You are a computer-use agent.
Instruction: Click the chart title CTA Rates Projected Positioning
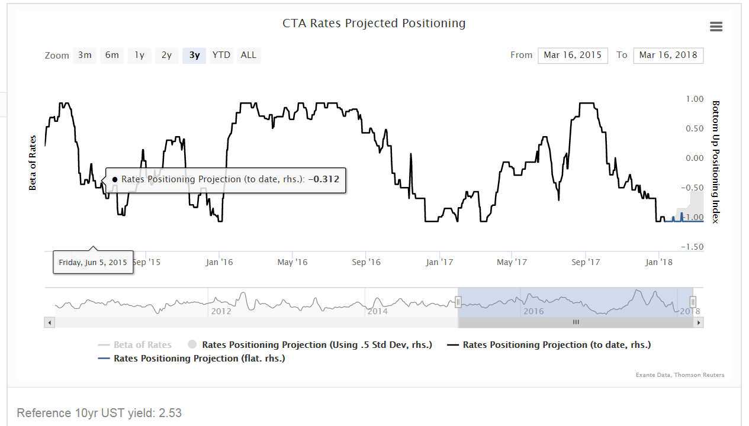pos(374,24)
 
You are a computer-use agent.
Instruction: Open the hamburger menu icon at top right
pos(716,27)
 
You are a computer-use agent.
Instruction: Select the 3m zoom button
pos(85,55)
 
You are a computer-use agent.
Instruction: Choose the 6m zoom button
pos(112,55)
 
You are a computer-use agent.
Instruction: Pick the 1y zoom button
pos(139,55)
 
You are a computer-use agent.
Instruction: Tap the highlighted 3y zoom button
pos(194,55)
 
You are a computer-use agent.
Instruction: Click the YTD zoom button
pos(221,55)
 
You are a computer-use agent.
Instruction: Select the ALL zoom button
pos(249,55)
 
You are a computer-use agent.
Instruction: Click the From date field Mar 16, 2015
pos(573,55)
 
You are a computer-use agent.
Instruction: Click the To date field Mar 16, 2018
pos(668,55)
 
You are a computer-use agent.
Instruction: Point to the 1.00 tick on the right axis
pos(695,99)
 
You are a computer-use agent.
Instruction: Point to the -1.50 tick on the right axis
pos(693,247)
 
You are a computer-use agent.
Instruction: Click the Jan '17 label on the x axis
pos(439,262)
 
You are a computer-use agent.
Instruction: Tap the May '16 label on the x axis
pos(292,262)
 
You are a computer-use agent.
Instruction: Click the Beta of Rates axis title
pos(33,163)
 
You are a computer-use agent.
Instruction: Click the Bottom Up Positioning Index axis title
pos(715,162)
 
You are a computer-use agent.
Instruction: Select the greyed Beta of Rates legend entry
pos(142,345)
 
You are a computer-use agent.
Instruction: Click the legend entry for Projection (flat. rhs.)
pos(199,359)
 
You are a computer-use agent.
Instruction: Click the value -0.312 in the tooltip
pos(323,179)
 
